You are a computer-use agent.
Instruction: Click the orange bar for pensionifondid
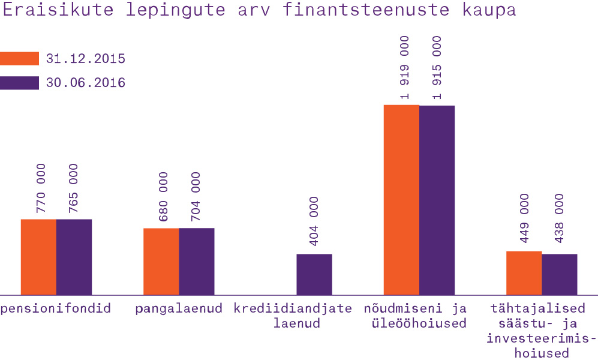coord(39,257)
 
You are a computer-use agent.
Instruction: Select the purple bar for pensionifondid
coord(74,257)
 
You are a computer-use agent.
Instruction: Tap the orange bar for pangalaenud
coord(161,261)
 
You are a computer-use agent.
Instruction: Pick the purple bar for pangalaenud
coord(196,261)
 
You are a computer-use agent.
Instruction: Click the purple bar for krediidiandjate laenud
coord(314,274)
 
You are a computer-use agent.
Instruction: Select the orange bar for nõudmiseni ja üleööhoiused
coord(401,200)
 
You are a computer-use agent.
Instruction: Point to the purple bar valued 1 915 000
coord(437,200)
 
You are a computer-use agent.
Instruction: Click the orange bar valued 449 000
coord(524,273)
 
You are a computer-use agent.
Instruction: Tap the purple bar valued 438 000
coord(560,274)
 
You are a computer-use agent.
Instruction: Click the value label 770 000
coord(40,188)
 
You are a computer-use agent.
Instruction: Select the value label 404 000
coord(314,221)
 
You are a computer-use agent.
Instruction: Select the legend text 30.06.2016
coord(86,83)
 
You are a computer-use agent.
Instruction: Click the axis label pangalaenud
coord(179,309)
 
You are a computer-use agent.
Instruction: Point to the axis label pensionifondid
coord(56,309)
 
